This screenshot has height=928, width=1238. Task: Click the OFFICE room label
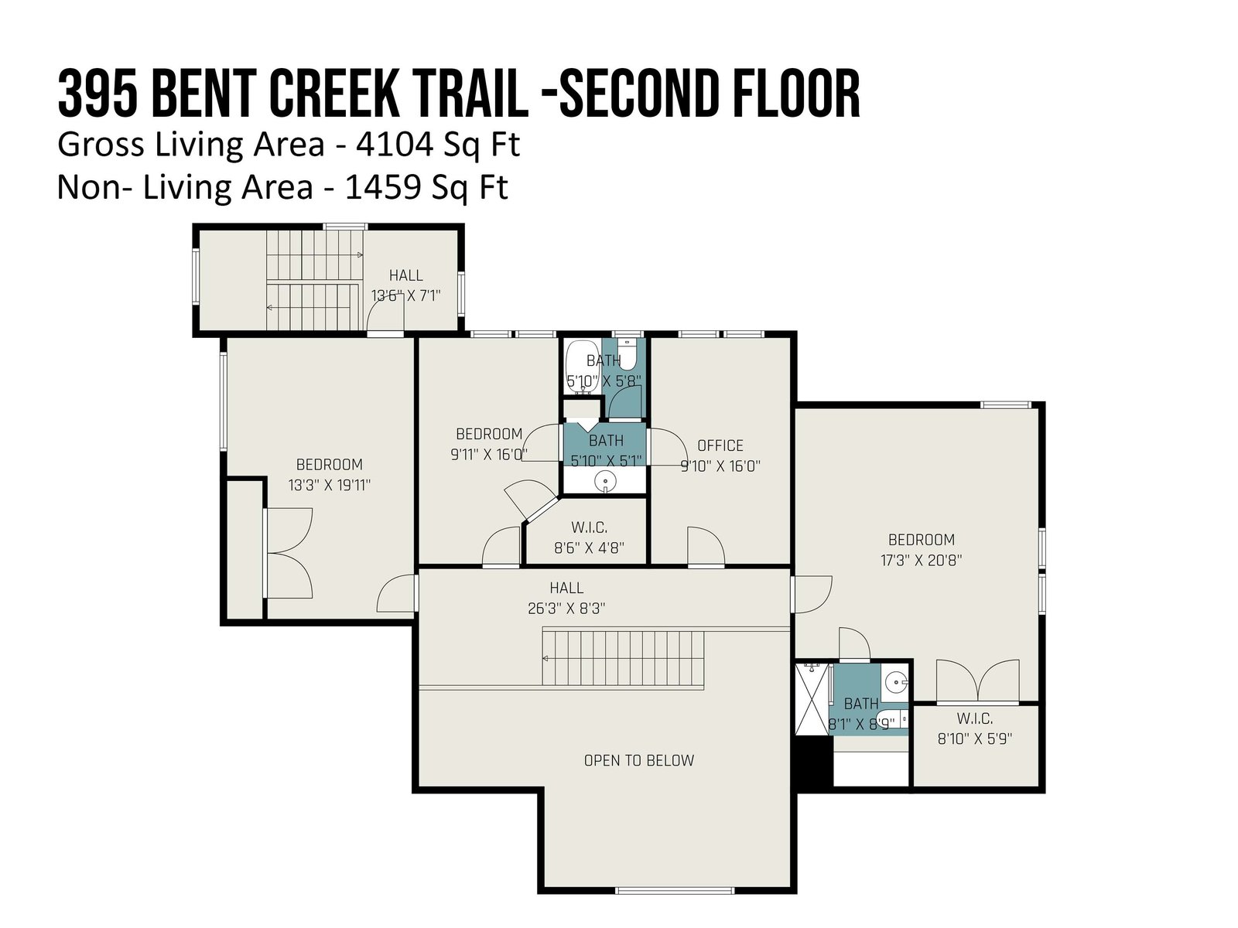pos(720,445)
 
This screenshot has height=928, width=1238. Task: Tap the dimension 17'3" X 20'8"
pos(921,560)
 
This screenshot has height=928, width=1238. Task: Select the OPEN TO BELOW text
pos(638,761)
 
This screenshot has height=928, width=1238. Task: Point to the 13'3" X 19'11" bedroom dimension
pos(330,485)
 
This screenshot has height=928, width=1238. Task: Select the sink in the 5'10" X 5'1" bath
pos(605,483)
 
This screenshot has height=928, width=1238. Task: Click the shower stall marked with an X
pos(813,699)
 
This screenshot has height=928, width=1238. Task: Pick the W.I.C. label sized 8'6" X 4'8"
pos(590,528)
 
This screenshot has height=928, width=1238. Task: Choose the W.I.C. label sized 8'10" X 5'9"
pos(975,719)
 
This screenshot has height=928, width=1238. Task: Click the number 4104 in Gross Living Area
pos(395,145)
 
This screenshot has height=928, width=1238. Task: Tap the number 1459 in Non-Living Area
pos(383,187)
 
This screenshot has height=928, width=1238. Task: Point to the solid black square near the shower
pos(813,760)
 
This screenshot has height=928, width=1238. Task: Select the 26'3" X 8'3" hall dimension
pos(566,609)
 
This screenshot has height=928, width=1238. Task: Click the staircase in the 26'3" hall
pos(623,658)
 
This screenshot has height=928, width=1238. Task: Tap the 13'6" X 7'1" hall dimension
pos(405,296)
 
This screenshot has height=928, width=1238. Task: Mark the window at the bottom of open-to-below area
pos(675,891)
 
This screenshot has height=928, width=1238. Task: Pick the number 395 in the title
pos(98,94)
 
